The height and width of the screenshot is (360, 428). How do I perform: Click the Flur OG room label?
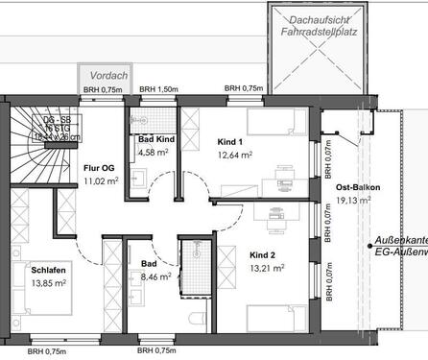pyautogui.click(x=100, y=167)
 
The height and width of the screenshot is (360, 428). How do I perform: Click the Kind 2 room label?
pyautogui.click(x=263, y=255)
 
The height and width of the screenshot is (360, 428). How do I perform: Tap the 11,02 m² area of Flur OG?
pyautogui.click(x=101, y=180)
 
